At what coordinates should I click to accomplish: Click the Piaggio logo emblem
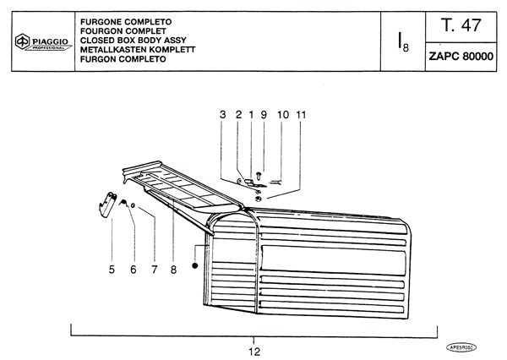pos(22,41)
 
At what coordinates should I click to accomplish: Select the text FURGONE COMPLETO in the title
pos(126,22)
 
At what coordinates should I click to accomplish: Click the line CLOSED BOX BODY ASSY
pos(134,41)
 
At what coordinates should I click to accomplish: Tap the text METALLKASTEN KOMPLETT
pos(138,50)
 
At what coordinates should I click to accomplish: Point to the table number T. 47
pos(461,25)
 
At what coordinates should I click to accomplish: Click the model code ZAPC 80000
pos(461,57)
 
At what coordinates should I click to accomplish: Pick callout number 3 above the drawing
pos(223,114)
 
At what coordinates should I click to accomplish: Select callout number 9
pos(264,114)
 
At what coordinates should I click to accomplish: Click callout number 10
pos(283,114)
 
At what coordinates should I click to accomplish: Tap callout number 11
pos(301,114)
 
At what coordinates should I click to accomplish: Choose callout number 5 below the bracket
pos(112,269)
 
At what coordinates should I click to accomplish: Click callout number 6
pos(134,269)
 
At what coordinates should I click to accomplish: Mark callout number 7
pos(155,269)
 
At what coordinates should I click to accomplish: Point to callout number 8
pos(173,269)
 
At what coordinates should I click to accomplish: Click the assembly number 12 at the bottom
pos(254,352)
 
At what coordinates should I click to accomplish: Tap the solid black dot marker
pos(194,265)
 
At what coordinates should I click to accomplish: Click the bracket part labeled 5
pos(107,205)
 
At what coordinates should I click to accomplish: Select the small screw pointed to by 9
pos(259,177)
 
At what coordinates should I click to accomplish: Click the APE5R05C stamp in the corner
pos(461,347)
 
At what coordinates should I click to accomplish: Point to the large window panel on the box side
pos(333,260)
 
